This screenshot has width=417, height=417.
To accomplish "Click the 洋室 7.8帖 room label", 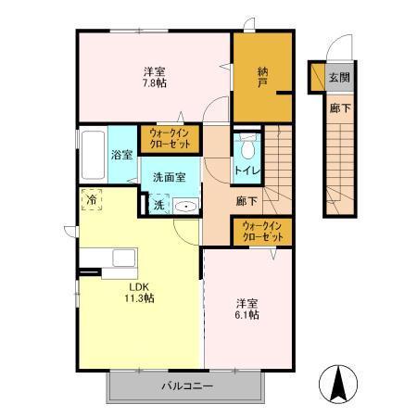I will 154,78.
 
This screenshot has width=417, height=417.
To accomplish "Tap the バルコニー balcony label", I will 188,385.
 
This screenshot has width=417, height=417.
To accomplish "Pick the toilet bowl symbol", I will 246,149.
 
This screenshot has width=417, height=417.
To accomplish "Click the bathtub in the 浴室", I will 93,157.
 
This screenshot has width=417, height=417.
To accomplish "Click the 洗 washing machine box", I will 158,205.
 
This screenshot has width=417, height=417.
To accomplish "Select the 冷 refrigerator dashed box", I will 93,198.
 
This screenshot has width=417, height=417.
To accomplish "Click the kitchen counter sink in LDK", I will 121,259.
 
